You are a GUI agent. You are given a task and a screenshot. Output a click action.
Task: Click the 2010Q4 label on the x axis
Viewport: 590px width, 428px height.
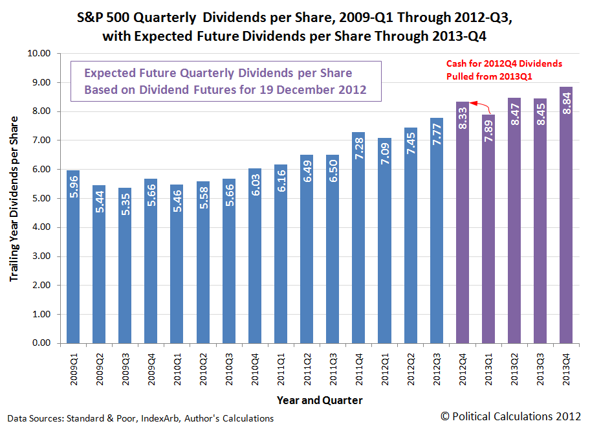(255, 368)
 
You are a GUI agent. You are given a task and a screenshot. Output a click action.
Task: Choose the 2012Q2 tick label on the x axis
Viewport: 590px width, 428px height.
(410, 368)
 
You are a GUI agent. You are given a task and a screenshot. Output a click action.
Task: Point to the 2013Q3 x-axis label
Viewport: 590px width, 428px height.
(540, 368)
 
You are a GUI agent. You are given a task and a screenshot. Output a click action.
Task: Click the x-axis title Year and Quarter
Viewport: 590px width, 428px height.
(320, 400)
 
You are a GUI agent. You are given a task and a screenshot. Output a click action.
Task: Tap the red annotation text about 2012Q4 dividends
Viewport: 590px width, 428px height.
(505, 69)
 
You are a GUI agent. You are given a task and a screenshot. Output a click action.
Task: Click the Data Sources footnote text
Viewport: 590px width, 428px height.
(140, 418)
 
